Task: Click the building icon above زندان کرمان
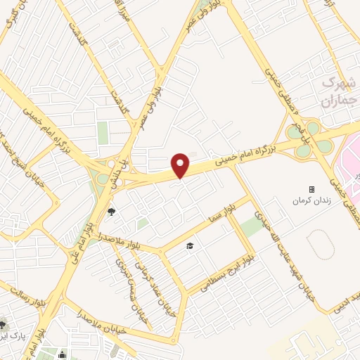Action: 311,189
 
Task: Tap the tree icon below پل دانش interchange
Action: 111,211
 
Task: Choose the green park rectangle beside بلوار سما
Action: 252,226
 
